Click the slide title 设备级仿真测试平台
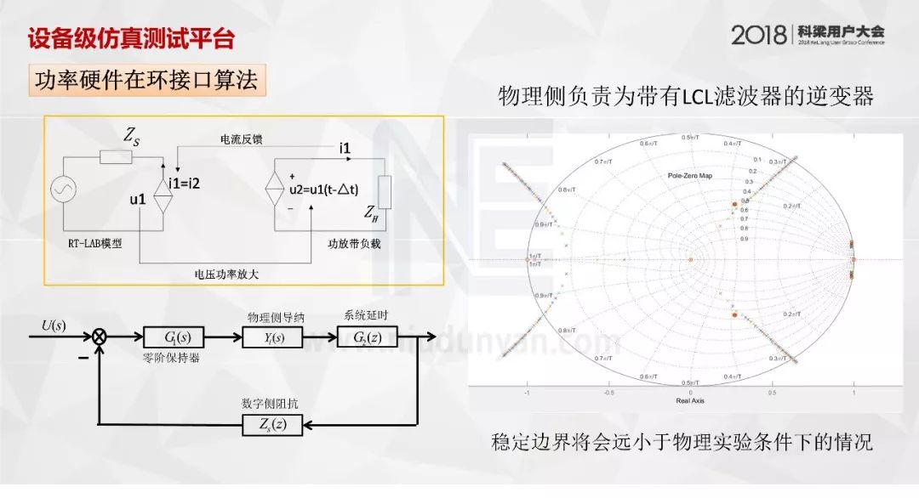tap(131, 38)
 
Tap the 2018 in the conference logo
tap(759, 35)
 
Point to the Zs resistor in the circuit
tap(116, 156)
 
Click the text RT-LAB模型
tap(95, 243)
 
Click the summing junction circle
tap(100, 338)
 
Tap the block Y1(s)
tap(271, 338)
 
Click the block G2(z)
tap(373, 338)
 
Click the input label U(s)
tap(53, 325)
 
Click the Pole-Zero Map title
tap(689, 175)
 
